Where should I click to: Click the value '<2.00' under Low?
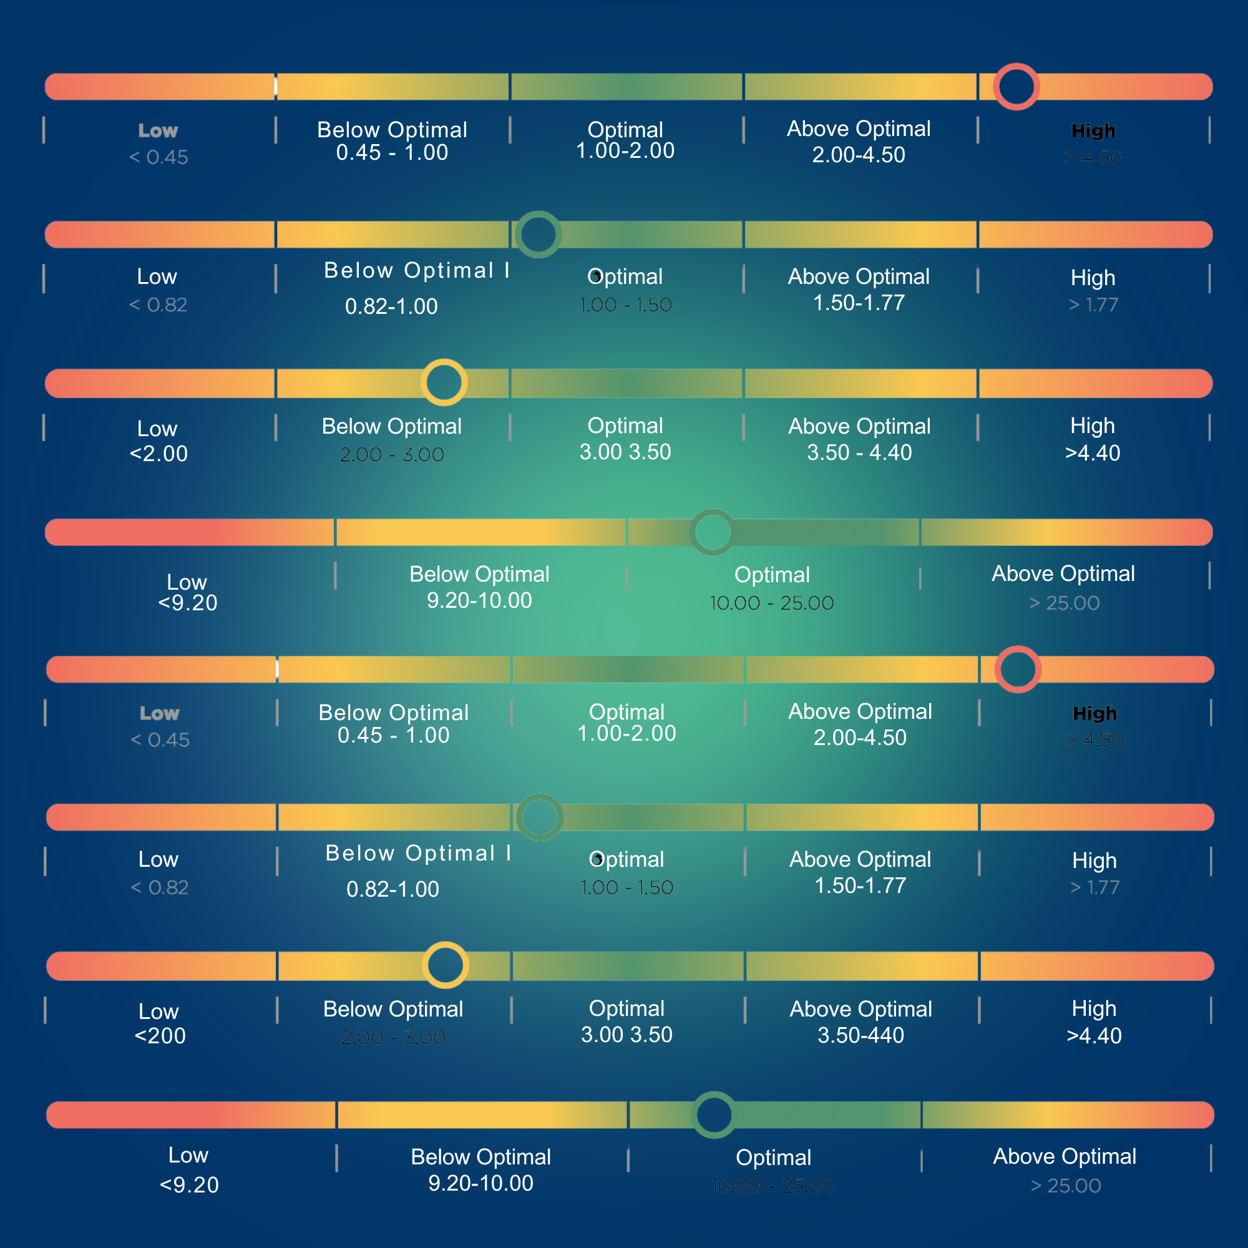click(x=158, y=454)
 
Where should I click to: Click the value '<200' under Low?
click(x=160, y=1036)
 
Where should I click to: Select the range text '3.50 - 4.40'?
click(x=859, y=453)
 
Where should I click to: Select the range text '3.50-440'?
click(x=860, y=1035)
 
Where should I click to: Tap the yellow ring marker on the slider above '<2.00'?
click(x=444, y=383)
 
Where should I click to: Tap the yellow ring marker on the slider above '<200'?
click(x=445, y=965)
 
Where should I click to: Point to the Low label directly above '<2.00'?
click(x=157, y=428)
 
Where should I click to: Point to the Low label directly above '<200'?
click(x=158, y=1011)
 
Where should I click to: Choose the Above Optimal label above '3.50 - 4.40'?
click(x=859, y=426)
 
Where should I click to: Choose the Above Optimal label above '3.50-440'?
click(x=860, y=1009)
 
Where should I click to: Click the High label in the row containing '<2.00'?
click(x=1093, y=426)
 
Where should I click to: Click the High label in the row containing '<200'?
click(x=1094, y=1008)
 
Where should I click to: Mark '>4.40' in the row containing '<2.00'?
click(x=1093, y=454)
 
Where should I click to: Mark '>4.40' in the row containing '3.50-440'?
click(x=1094, y=1036)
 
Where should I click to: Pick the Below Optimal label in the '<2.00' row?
click(x=391, y=426)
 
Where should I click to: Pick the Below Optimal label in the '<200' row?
click(x=392, y=1009)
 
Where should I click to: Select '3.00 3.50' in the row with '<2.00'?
click(x=625, y=452)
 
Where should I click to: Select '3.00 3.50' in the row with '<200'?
click(x=626, y=1035)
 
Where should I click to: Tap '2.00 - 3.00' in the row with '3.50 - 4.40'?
click(x=391, y=455)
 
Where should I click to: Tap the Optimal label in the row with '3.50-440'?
click(x=626, y=1008)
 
